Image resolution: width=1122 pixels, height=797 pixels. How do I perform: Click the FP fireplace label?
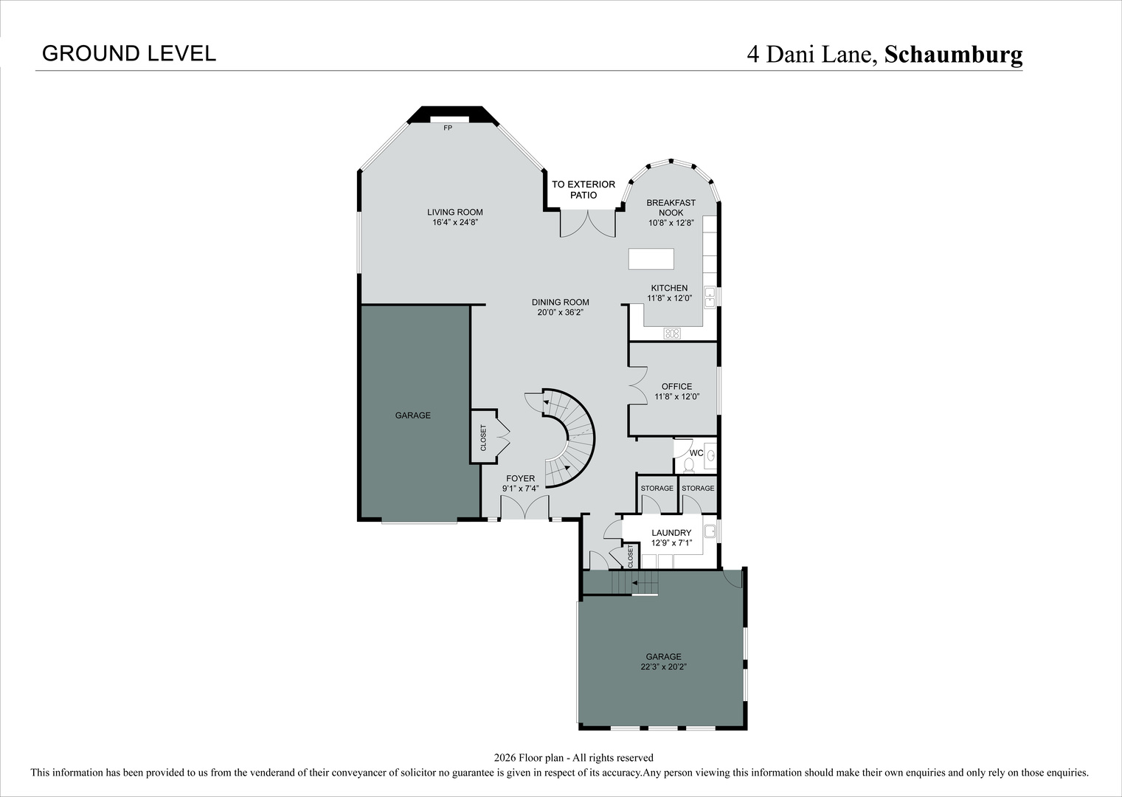pos(448,128)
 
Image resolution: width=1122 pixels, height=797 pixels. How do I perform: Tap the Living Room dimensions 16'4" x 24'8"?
pos(455,222)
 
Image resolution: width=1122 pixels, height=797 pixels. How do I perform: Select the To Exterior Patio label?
pos(583,190)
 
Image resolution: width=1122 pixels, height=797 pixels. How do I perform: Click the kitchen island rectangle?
pos(651,260)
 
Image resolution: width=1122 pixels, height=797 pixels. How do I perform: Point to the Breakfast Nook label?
pos(671,207)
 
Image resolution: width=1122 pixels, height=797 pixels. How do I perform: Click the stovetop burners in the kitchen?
pos(672,334)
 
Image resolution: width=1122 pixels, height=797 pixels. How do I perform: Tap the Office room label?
pos(676,386)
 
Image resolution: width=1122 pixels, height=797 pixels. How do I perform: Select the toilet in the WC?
pos(689,465)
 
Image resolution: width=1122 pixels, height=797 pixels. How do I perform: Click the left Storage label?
pos(657,489)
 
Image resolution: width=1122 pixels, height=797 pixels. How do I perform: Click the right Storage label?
pos(698,489)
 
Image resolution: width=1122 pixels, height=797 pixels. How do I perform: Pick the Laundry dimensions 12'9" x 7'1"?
pos(671,543)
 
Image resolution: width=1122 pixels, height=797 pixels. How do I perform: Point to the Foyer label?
pos(520,478)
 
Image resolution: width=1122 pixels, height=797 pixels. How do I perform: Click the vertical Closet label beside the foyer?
pos(484,438)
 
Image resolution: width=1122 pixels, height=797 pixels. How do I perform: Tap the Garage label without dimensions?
pos(412,415)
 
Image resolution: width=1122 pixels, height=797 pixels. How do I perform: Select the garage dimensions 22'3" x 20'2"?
pos(663,667)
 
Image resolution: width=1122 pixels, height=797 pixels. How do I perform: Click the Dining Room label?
pos(560,302)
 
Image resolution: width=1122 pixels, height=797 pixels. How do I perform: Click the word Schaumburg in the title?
pos(953,55)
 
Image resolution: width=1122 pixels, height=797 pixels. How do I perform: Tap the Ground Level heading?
pos(129,53)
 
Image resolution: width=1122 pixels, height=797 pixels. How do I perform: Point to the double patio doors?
pos(588,224)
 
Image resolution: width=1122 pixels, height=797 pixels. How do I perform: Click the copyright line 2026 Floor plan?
pos(573,757)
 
